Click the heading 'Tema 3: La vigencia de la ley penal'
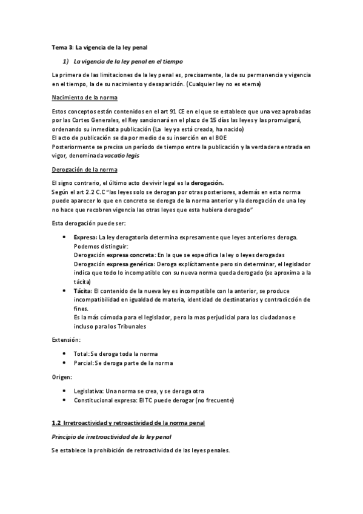99,48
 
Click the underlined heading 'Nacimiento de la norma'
84,98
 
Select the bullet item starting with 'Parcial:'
123,363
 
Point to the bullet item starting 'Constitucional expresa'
153,400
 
